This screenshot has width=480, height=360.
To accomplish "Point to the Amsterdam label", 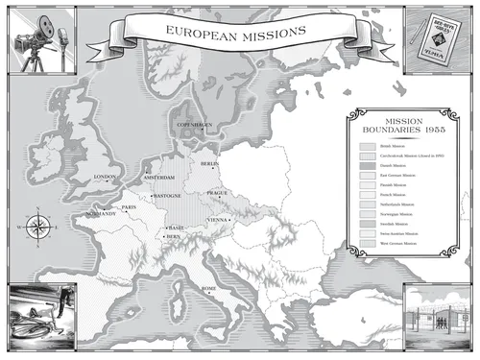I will (159, 178).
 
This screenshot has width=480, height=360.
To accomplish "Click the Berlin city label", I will (210, 164).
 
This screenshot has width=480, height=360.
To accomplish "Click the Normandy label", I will (99, 213).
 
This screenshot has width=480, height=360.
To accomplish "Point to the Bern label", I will (173, 236).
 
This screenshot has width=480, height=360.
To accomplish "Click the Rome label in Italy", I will (208, 287).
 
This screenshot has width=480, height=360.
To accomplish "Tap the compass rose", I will (36, 227).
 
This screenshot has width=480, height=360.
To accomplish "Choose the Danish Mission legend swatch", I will (367, 164).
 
